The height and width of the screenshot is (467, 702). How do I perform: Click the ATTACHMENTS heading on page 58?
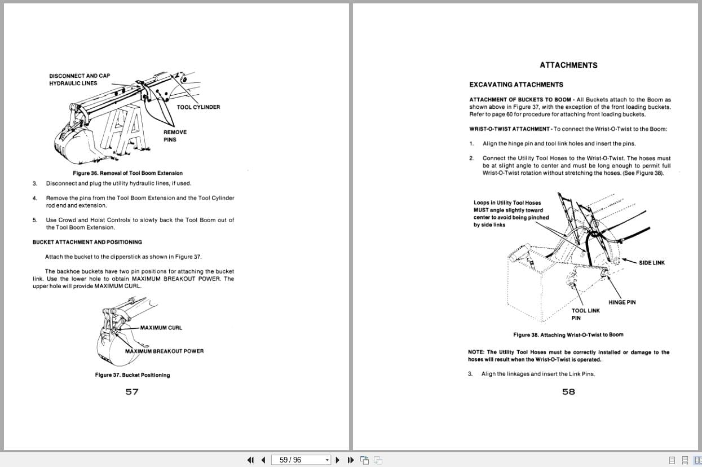(568, 65)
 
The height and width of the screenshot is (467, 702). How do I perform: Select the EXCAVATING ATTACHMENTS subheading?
(516, 85)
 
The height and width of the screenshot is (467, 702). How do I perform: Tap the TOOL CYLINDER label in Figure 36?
(198, 107)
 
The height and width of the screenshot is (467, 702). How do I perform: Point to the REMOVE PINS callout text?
(175, 136)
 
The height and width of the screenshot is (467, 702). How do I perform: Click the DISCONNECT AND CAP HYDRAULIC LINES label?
(80, 80)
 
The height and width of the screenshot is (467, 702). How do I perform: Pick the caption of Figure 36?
(127, 173)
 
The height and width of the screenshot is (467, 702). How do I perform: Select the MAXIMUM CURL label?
(161, 328)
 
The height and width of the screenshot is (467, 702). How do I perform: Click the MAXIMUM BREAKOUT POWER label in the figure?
(164, 351)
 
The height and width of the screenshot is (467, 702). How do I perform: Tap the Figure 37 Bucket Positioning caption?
(132, 375)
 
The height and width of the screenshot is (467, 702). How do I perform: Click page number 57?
(132, 392)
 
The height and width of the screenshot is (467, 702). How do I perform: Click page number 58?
(568, 392)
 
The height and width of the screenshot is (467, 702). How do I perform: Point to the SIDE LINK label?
(651, 263)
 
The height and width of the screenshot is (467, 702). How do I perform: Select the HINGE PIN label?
(622, 302)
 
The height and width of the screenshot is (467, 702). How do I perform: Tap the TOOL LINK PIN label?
(585, 314)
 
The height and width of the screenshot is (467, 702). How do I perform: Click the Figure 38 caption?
(568, 334)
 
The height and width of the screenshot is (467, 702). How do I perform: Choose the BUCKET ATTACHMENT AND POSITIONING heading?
(87, 242)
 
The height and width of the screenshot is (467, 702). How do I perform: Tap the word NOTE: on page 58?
(477, 353)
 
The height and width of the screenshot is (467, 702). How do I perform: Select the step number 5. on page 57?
(35, 220)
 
